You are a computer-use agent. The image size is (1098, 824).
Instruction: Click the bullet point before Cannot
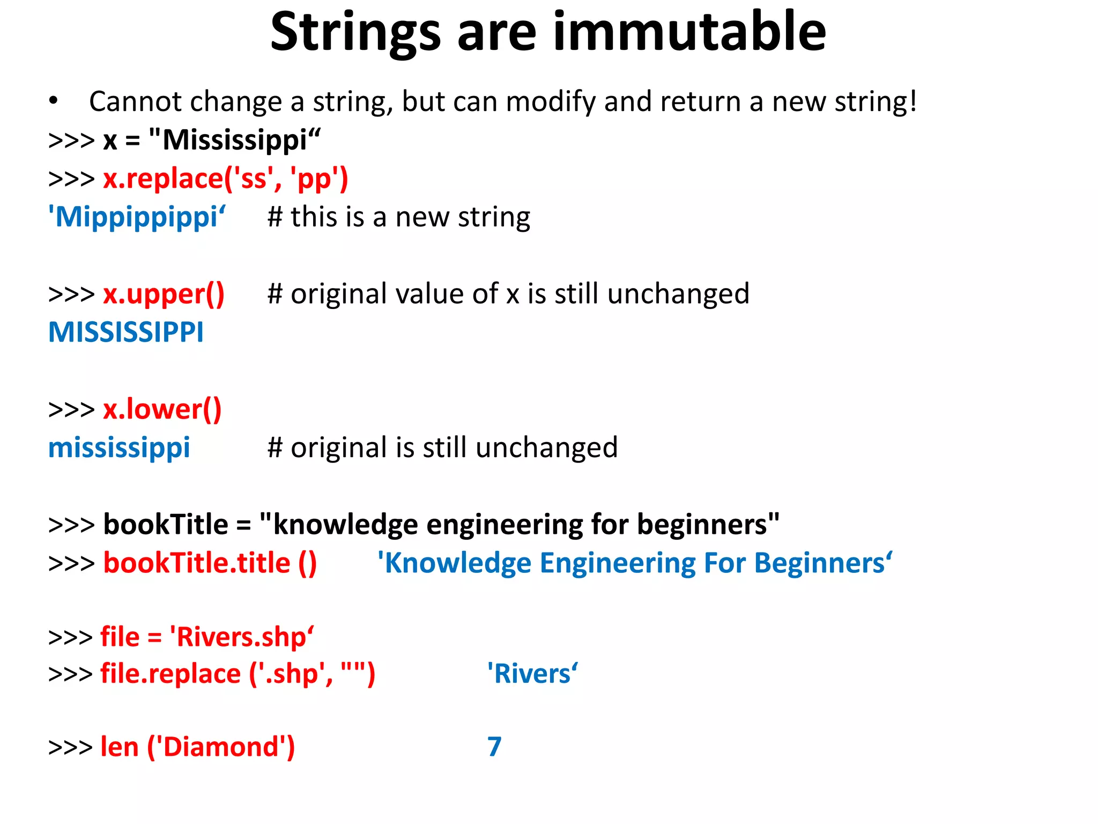point(53,101)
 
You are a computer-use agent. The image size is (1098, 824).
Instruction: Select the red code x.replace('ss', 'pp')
point(225,179)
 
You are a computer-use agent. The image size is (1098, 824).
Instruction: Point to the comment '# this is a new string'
point(399,217)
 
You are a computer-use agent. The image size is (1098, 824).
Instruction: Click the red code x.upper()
point(164,294)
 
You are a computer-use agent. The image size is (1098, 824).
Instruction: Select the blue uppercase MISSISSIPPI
point(126,333)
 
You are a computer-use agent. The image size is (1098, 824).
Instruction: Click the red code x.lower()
point(162,410)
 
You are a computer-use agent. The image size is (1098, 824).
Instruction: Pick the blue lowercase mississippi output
point(119,448)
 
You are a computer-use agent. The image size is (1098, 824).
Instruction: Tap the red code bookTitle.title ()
point(210,563)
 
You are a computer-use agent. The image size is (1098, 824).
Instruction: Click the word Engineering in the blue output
point(617,563)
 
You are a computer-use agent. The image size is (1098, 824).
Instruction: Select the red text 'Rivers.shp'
point(241,637)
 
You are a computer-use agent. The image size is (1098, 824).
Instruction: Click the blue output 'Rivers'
point(532,674)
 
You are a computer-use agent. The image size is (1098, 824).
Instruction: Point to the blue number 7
point(494,747)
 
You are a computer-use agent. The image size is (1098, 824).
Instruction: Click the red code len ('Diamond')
point(197,747)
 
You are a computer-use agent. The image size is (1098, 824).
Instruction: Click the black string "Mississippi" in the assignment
point(235,141)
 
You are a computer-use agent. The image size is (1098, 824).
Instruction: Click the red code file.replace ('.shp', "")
point(238,674)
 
